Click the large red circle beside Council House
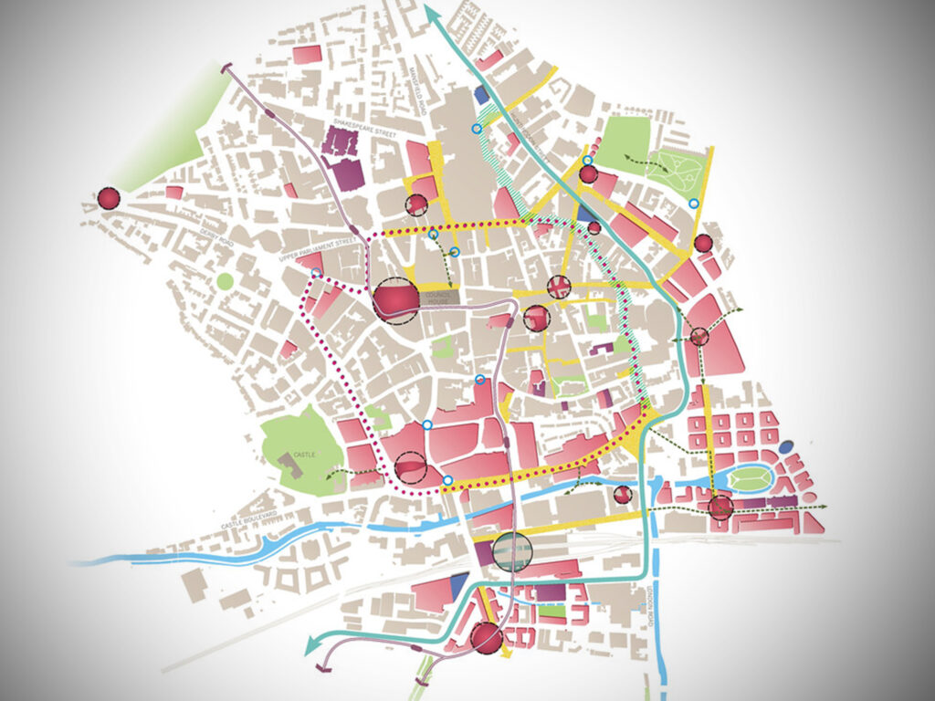click(x=395, y=300)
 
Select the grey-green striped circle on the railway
click(x=510, y=551)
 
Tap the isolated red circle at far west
click(x=109, y=198)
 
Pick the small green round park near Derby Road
click(x=225, y=281)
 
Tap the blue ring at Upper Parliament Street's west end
click(x=316, y=273)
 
